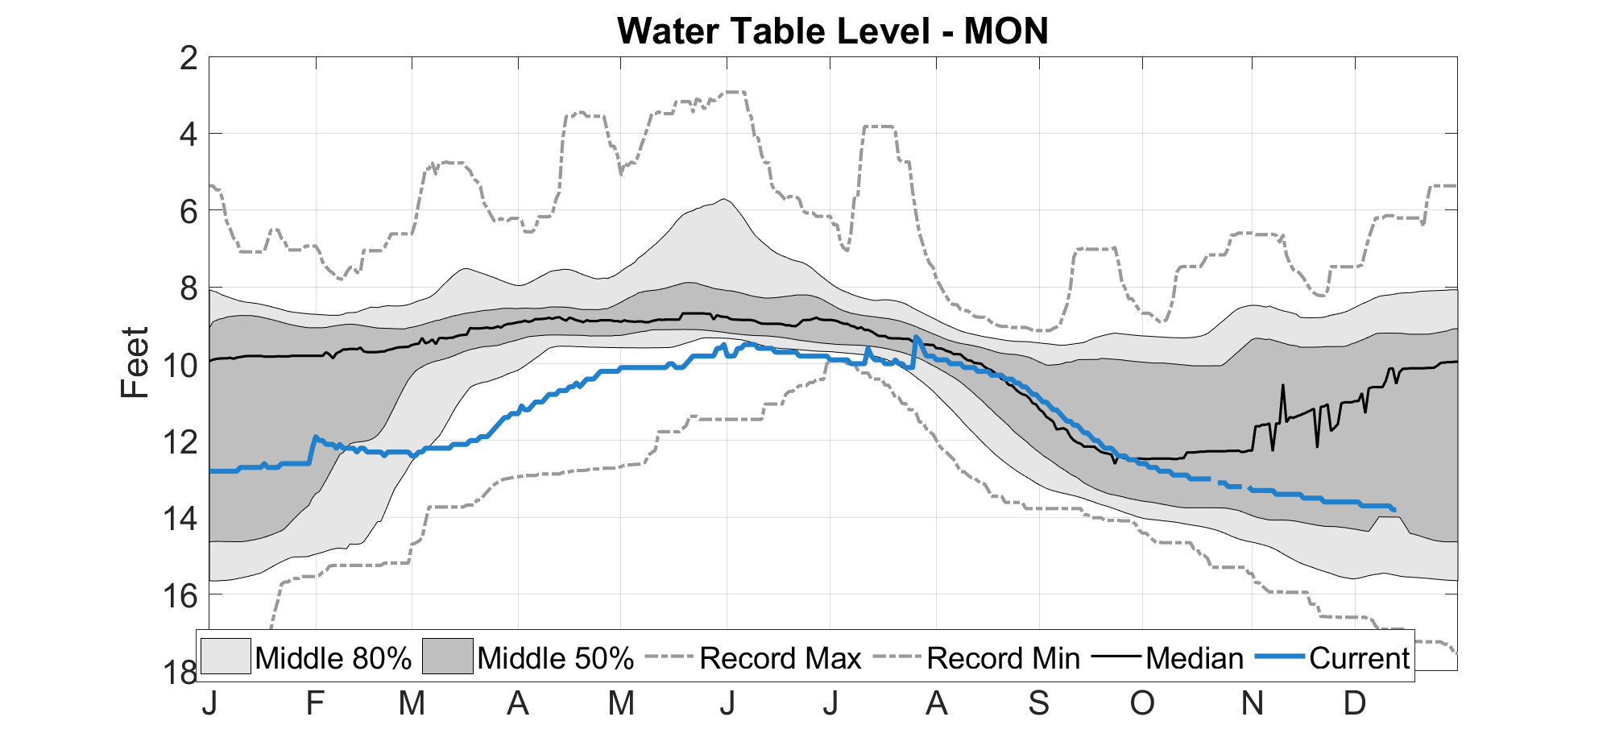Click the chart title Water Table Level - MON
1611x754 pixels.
coord(833,31)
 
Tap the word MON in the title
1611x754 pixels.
coord(1006,31)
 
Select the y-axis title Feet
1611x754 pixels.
coord(135,362)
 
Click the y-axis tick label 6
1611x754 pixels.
coord(188,212)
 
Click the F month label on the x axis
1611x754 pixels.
coord(315,703)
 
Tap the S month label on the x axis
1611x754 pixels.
coord(1039,703)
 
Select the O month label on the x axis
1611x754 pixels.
coord(1142,703)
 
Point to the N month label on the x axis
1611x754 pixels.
coord(1252,703)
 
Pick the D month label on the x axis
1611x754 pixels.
coord(1355,703)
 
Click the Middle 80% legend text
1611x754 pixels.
coord(333,658)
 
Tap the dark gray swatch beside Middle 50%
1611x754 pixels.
coord(447,657)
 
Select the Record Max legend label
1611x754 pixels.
coord(781,658)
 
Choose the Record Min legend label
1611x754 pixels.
coord(1003,658)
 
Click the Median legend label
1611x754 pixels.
coord(1195,658)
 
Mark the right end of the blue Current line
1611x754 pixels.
coord(1394,509)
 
